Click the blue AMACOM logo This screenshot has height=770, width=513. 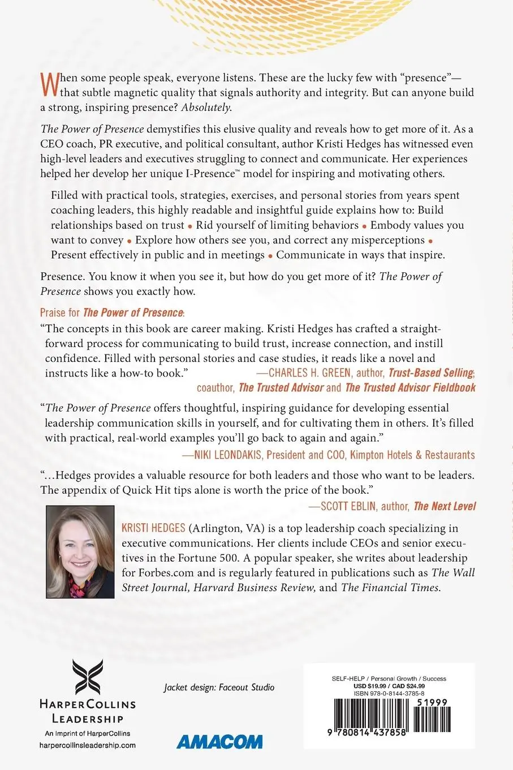coord(219,742)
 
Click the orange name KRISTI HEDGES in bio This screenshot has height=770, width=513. coord(153,528)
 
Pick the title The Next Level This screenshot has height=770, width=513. coord(445,506)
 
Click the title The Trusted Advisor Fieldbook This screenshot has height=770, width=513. coord(410,388)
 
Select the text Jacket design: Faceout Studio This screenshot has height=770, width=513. coord(219,687)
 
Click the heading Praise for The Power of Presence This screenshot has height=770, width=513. coord(113,313)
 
